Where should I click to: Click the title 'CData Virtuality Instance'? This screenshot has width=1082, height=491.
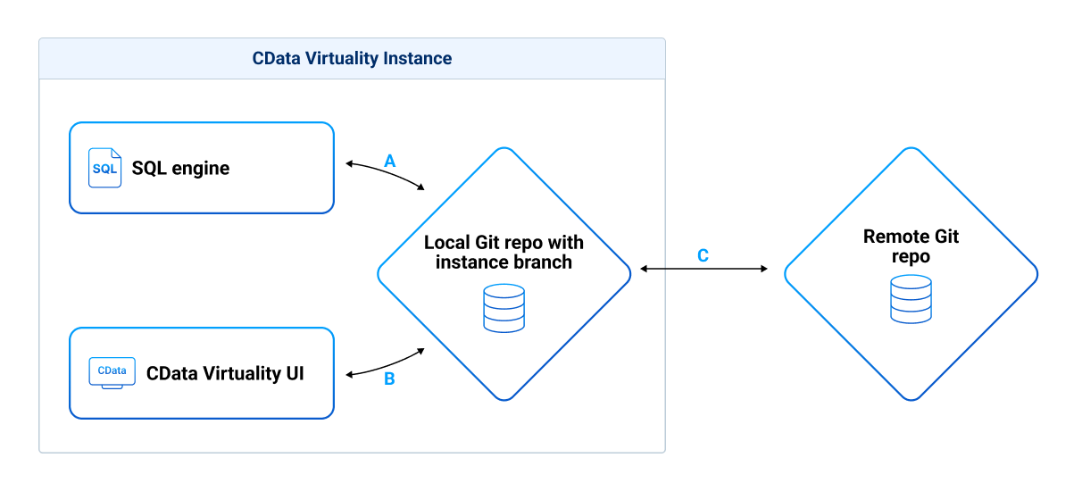click(352, 59)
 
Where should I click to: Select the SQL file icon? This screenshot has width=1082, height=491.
click(104, 168)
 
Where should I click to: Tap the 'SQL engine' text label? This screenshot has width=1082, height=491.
click(180, 168)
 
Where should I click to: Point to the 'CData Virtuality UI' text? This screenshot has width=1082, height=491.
click(225, 373)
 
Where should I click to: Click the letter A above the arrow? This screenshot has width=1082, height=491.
click(389, 161)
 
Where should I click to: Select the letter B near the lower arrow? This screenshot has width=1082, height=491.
click(389, 379)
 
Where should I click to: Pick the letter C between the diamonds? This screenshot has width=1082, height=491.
click(703, 255)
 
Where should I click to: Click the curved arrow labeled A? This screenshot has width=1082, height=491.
click(385, 173)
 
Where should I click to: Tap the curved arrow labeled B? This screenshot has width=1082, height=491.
click(385, 363)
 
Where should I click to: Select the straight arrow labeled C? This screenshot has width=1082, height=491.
click(704, 268)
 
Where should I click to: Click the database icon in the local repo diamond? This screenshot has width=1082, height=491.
click(504, 308)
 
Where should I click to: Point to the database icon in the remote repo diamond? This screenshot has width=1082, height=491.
click(911, 299)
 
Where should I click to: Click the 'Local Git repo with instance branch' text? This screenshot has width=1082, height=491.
click(504, 252)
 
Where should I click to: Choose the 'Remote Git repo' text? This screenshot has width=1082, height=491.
click(911, 246)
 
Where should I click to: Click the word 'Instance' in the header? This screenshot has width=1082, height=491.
click(417, 59)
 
